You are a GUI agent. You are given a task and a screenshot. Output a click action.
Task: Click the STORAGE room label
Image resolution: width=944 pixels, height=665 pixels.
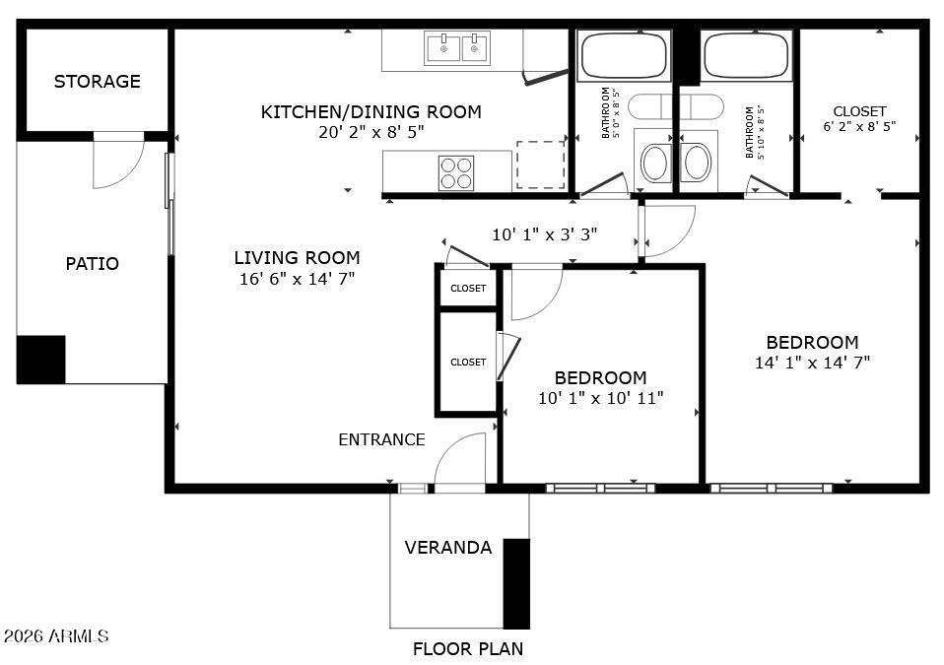pos(97,81)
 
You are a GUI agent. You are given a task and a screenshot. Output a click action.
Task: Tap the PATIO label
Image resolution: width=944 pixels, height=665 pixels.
pos(92,264)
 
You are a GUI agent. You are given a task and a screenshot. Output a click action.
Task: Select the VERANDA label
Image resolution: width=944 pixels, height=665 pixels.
pos(448,548)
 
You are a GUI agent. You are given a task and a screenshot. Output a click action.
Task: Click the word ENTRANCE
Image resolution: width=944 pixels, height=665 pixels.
pos(381,440)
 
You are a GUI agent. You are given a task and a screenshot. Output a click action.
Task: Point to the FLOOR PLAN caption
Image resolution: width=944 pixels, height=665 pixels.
pos(468,649)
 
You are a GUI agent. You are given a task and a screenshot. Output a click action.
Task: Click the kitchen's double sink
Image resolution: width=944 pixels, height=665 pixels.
pos(457,48)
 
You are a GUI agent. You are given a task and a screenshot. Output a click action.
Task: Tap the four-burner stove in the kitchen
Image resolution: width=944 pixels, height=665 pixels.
pos(456,173)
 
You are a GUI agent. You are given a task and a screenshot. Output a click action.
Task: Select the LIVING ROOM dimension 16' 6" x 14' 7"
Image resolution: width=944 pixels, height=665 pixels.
pos(297,279)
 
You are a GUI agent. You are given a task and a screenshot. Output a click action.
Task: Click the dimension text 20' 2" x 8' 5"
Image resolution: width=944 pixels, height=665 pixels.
pos(371,132)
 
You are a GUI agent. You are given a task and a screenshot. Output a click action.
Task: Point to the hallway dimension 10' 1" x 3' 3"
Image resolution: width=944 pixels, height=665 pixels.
pos(544,234)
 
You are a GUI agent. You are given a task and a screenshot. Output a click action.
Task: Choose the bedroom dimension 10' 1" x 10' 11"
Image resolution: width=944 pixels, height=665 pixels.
pos(601,398)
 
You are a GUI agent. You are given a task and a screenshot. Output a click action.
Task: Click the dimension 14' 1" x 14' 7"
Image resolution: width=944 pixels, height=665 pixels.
pos(812,363)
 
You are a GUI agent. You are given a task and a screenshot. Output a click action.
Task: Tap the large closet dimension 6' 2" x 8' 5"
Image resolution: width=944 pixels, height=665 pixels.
pos(859,126)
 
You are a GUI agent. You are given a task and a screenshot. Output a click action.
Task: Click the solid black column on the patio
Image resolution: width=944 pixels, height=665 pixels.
pos(41,360)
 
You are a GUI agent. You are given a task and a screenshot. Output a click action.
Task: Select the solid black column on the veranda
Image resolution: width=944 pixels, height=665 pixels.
pos(516,584)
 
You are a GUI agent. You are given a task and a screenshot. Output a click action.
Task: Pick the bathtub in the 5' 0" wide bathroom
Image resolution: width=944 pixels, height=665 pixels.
pos(625,55)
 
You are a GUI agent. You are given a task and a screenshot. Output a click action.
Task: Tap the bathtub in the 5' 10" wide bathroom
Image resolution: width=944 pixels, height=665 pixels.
pos(745,55)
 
